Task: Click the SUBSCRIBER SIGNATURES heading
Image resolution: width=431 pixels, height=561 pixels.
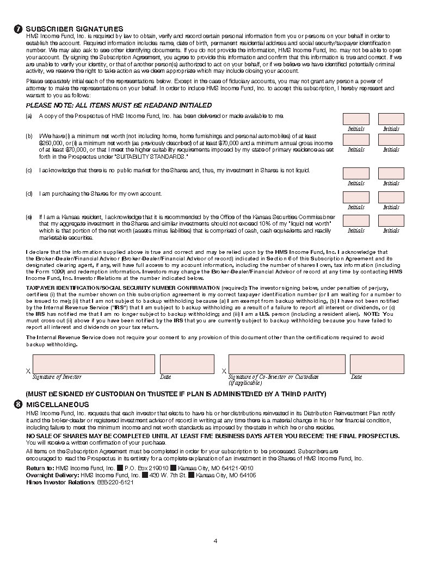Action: point(75,29)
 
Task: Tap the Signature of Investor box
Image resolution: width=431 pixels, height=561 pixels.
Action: point(94,364)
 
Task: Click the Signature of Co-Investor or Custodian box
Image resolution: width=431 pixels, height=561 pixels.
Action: point(287,364)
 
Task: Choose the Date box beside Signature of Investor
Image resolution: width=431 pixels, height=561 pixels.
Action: point(180,364)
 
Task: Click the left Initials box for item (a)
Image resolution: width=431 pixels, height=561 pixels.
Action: point(356,119)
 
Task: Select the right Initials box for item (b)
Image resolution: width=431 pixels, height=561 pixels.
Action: point(391,140)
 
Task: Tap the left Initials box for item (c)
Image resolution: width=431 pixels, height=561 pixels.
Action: point(356,173)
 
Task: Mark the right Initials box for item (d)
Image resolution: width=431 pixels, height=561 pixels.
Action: point(391,197)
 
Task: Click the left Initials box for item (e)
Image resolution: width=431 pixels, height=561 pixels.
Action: point(356,221)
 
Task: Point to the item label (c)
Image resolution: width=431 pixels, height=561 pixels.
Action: point(29,171)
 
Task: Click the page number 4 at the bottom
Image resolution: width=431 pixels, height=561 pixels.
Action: point(215,540)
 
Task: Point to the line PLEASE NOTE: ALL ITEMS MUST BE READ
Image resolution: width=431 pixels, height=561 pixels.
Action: point(119,105)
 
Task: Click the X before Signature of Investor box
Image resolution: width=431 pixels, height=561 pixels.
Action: point(28,371)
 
